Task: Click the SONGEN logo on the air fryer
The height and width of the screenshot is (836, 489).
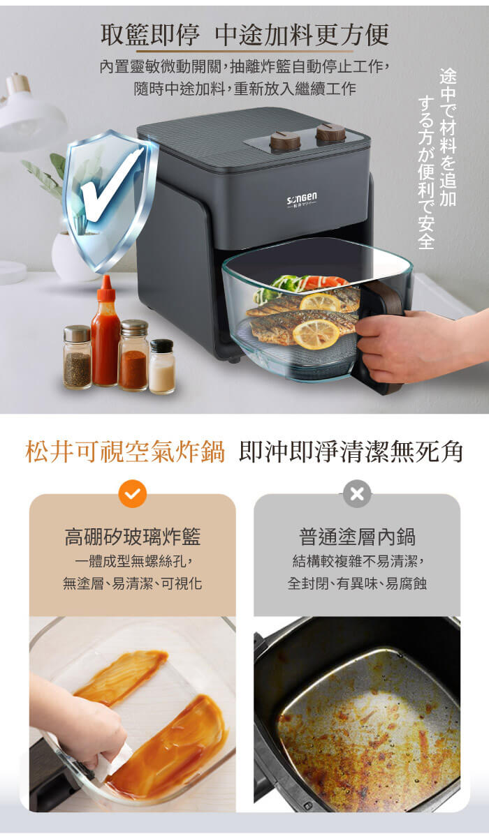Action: pyautogui.click(x=302, y=200)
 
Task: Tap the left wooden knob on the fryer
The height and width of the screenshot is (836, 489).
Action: pyautogui.click(x=284, y=141)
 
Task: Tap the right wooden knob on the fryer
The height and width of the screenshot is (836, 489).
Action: pyautogui.click(x=331, y=133)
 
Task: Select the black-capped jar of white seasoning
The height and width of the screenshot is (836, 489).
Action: pyautogui.click(x=161, y=366)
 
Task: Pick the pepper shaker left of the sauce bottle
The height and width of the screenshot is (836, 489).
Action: pyautogui.click(x=78, y=356)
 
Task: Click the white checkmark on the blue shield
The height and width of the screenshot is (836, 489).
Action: pyautogui.click(x=110, y=185)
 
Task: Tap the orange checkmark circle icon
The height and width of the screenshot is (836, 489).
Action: pyautogui.click(x=132, y=494)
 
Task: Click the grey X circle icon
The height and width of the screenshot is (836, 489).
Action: pyautogui.click(x=356, y=494)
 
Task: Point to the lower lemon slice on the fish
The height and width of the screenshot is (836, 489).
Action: pyautogui.click(x=316, y=334)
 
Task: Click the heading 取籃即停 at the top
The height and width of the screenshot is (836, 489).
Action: pyautogui.click(x=150, y=35)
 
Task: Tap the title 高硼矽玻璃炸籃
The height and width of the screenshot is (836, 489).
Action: pyautogui.click(x=133, y=537)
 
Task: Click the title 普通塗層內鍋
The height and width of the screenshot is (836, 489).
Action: pyautogui.click(x=357, y=537)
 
